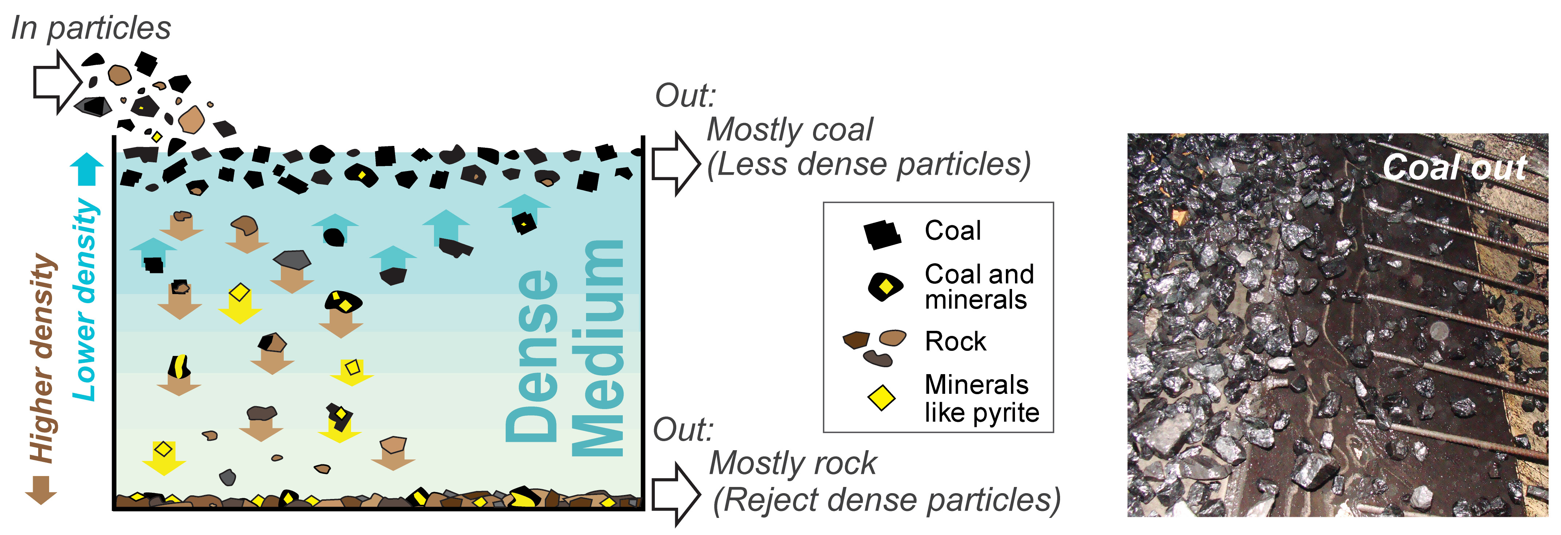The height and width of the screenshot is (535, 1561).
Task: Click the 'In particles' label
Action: point(91,28)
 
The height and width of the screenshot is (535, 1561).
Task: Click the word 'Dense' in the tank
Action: point(532,355)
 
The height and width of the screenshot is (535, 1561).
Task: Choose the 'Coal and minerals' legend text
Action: point(978,287)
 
